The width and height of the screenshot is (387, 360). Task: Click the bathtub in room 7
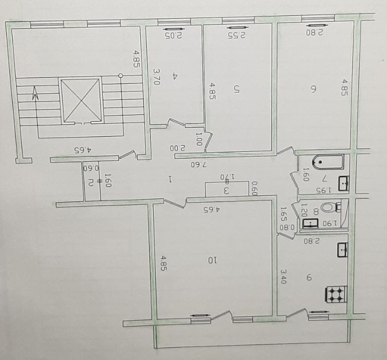(328, 162)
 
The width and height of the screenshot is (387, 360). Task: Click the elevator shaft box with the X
(80, 100)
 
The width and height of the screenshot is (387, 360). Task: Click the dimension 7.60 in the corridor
(198, 165)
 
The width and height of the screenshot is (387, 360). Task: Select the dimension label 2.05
(173, 35)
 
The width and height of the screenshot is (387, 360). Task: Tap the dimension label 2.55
(237, 35)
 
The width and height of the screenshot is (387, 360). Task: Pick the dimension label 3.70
(156, 76)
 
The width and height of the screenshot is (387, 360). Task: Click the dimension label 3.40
(283, 276)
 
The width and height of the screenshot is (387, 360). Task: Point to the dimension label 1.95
(323, 190)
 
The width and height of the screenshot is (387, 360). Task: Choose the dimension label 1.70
(228, 177)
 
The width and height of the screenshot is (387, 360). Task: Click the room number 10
(212, 260)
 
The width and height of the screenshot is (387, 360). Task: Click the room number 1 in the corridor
(170, 179)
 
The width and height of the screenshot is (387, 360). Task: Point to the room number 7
(325, 178)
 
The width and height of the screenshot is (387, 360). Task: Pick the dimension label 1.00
(198, 139)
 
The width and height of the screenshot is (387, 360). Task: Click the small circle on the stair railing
(121, 76)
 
